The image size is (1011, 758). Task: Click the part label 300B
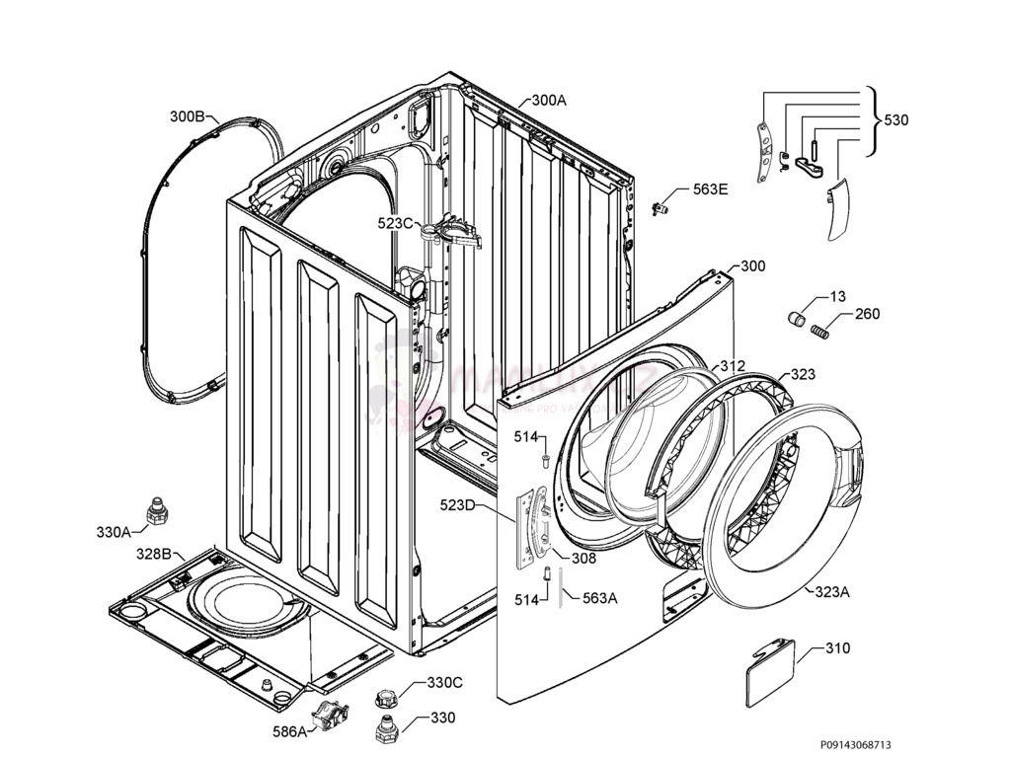(187, 116)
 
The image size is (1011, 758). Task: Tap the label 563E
(709, 189)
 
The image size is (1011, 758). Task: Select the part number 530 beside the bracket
(895, 120)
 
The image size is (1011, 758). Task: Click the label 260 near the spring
(867, 315)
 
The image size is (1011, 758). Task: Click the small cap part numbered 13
(797, 317)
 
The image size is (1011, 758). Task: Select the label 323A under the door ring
(831, 592)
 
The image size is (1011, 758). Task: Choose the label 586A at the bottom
(289, 731)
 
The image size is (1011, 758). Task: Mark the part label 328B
(154, 554)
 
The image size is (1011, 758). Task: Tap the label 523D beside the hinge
(457, 506)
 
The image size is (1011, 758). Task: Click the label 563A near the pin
(600, 597)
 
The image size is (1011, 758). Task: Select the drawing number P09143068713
(861, 745)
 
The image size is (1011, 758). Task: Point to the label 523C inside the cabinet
(395, 223)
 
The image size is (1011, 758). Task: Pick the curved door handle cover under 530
(835, 209)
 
